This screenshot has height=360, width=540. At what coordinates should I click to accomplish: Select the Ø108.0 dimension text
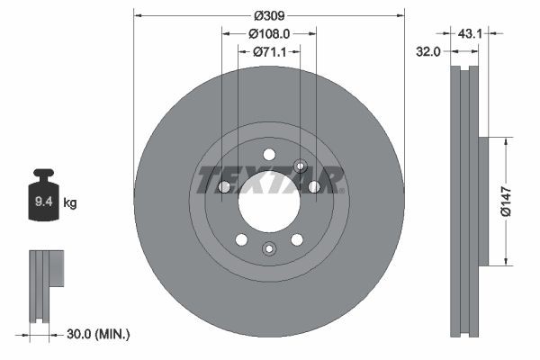269,33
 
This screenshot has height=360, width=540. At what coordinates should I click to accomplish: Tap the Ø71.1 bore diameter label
269,51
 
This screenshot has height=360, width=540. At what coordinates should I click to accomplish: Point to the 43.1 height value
471,33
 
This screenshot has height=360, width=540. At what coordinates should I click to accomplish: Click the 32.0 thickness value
427,52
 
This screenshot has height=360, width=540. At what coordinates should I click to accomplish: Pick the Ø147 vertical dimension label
506,202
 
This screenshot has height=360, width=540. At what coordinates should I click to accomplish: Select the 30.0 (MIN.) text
99,334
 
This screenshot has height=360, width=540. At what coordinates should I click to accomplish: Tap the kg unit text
70,203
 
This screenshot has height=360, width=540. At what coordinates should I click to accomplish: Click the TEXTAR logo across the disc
269,179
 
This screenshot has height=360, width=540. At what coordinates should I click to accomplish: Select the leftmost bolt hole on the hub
224,187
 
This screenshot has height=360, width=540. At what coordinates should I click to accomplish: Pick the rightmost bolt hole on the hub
314,187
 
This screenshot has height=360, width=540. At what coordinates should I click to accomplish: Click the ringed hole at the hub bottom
268,249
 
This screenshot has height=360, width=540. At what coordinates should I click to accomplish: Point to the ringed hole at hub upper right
301,165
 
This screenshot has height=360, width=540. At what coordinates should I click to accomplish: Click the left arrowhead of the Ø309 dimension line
137,15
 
